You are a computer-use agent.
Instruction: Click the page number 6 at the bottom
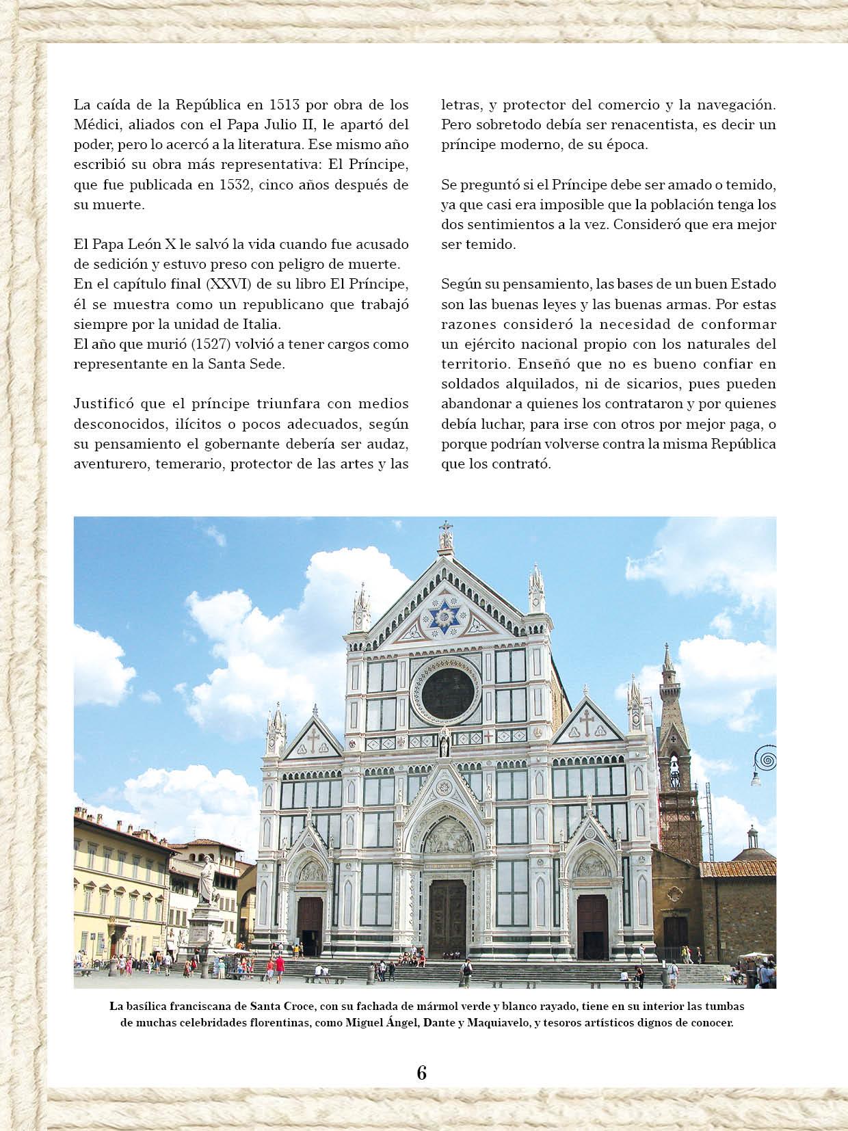(421, 1072)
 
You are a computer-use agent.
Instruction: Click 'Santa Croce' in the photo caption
(281, 1006)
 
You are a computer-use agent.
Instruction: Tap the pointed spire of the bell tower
(667, 660)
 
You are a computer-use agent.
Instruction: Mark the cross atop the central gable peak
(447, 528)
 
